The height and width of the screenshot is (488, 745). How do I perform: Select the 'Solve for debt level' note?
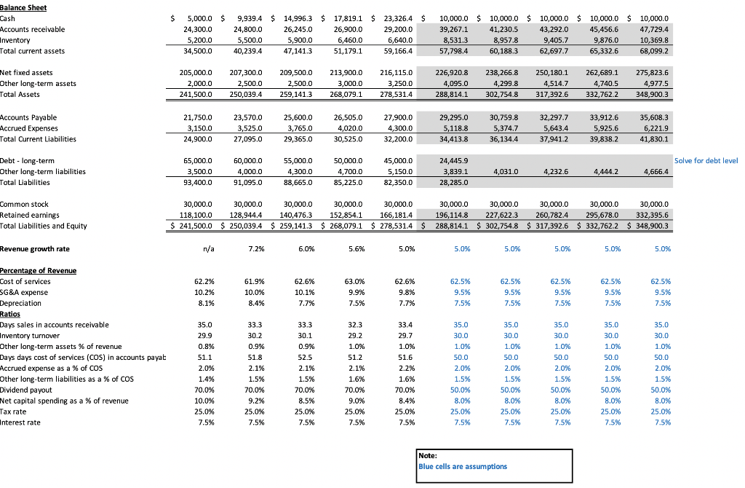(x=706, y=160)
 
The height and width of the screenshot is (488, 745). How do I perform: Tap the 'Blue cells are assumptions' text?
(x=463, y=467)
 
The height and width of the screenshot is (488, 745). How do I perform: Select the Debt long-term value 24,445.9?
(x=455, y=160)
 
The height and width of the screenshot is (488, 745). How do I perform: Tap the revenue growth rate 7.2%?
(x=253, y=249)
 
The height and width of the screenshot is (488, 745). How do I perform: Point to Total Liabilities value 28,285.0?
(x=455, y=183)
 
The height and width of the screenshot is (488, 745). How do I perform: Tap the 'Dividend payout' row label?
(x=28, y=390)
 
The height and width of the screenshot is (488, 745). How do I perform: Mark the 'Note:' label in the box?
(x=429, y=456)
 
